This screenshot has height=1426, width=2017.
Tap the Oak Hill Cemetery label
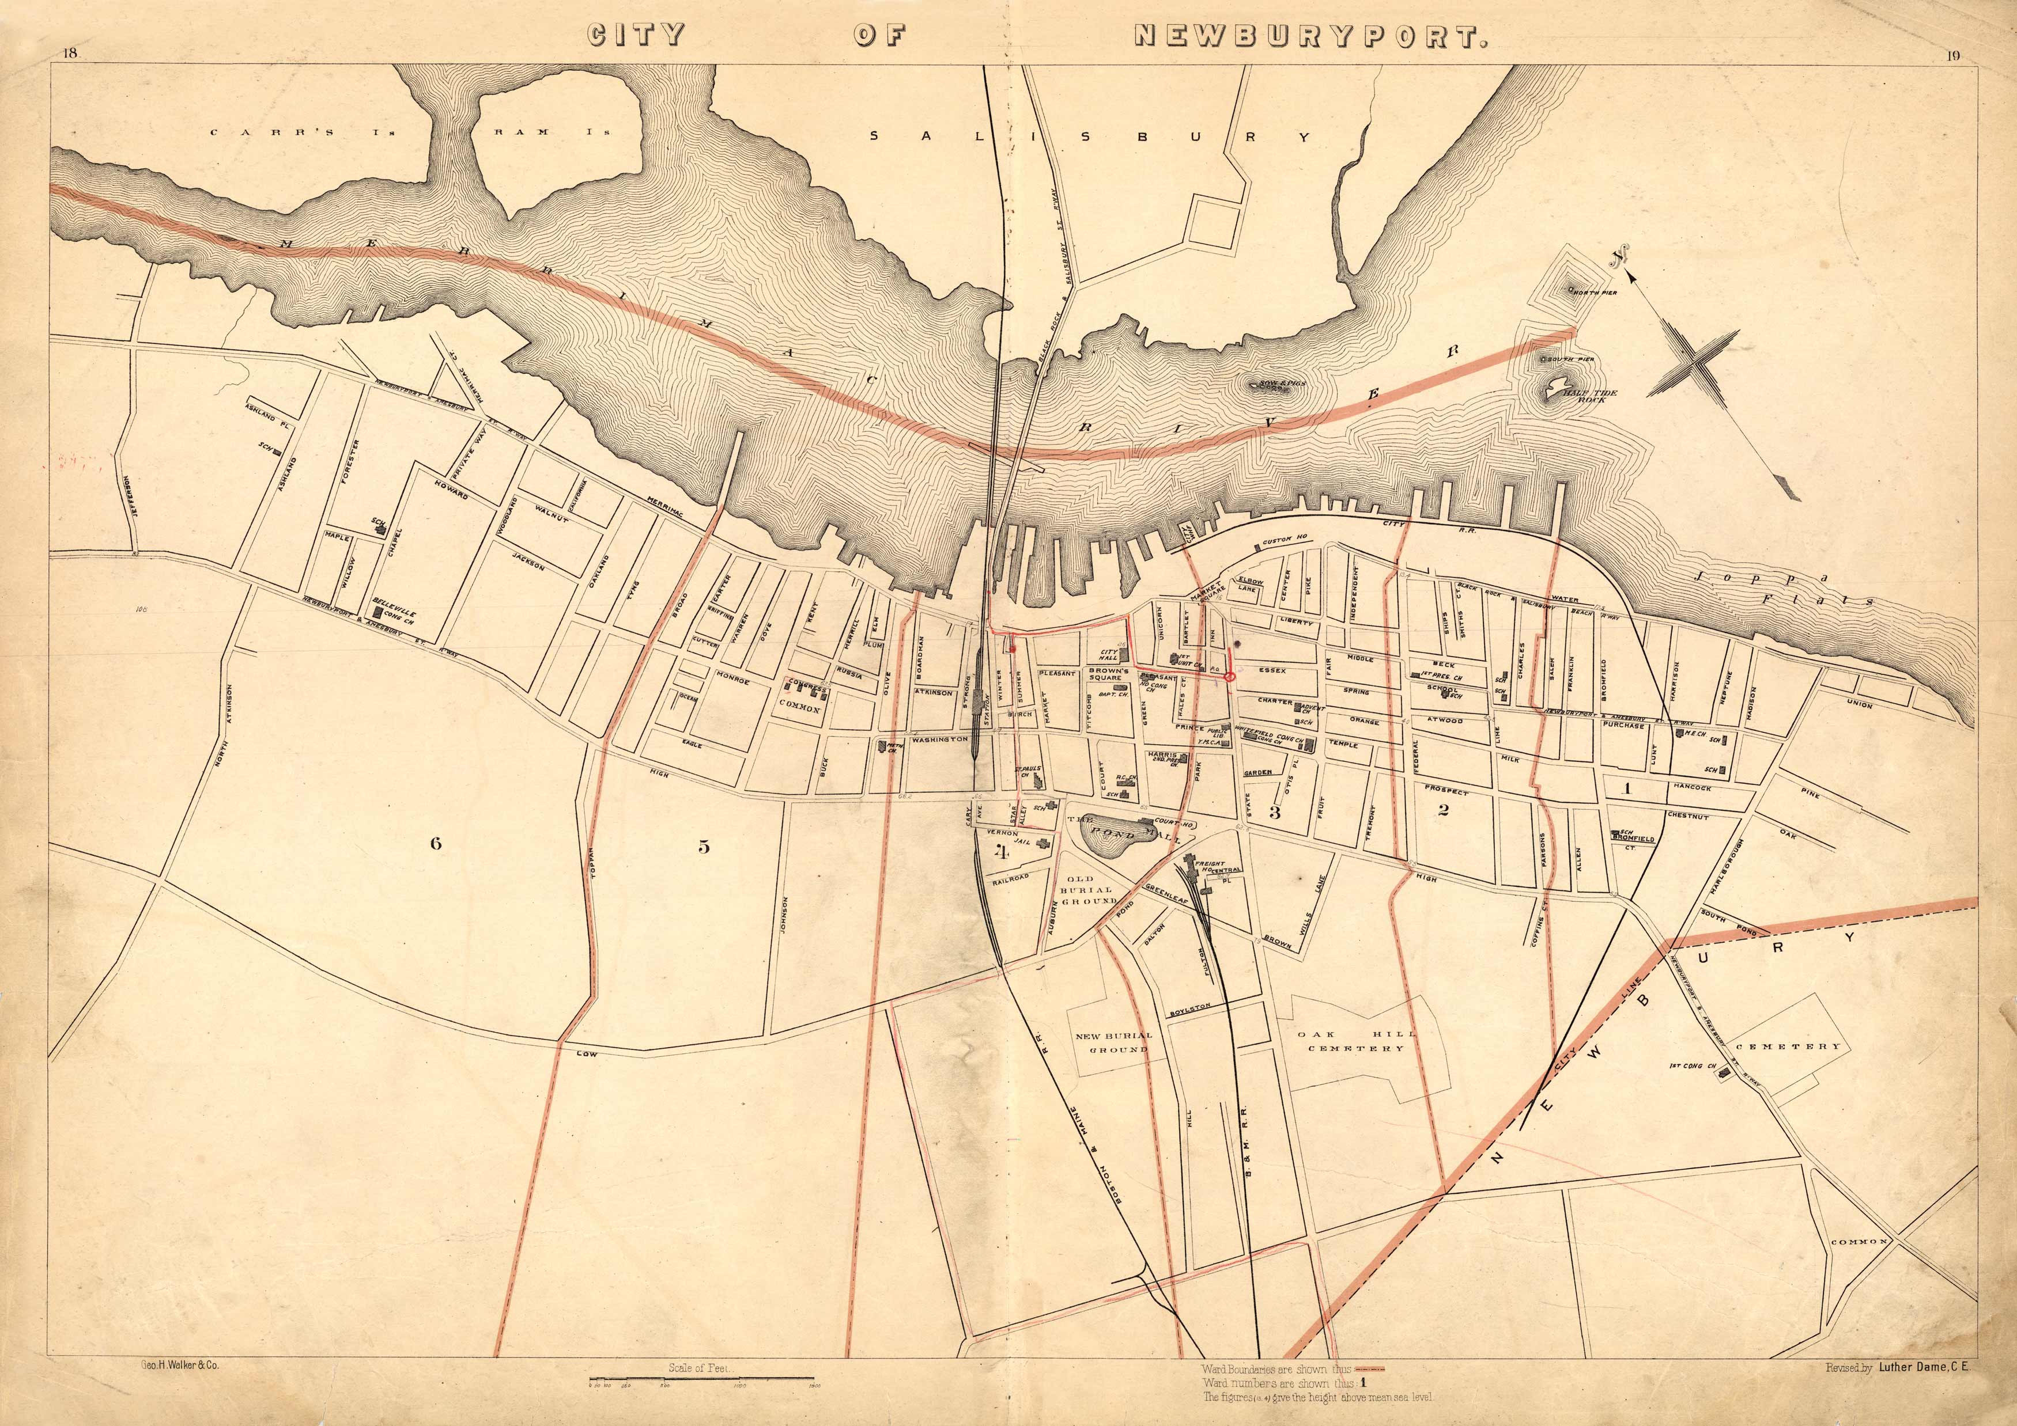[1355, 1041]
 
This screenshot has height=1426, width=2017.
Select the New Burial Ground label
[1113, 1042]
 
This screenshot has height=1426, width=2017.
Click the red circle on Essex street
[1230, 677]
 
